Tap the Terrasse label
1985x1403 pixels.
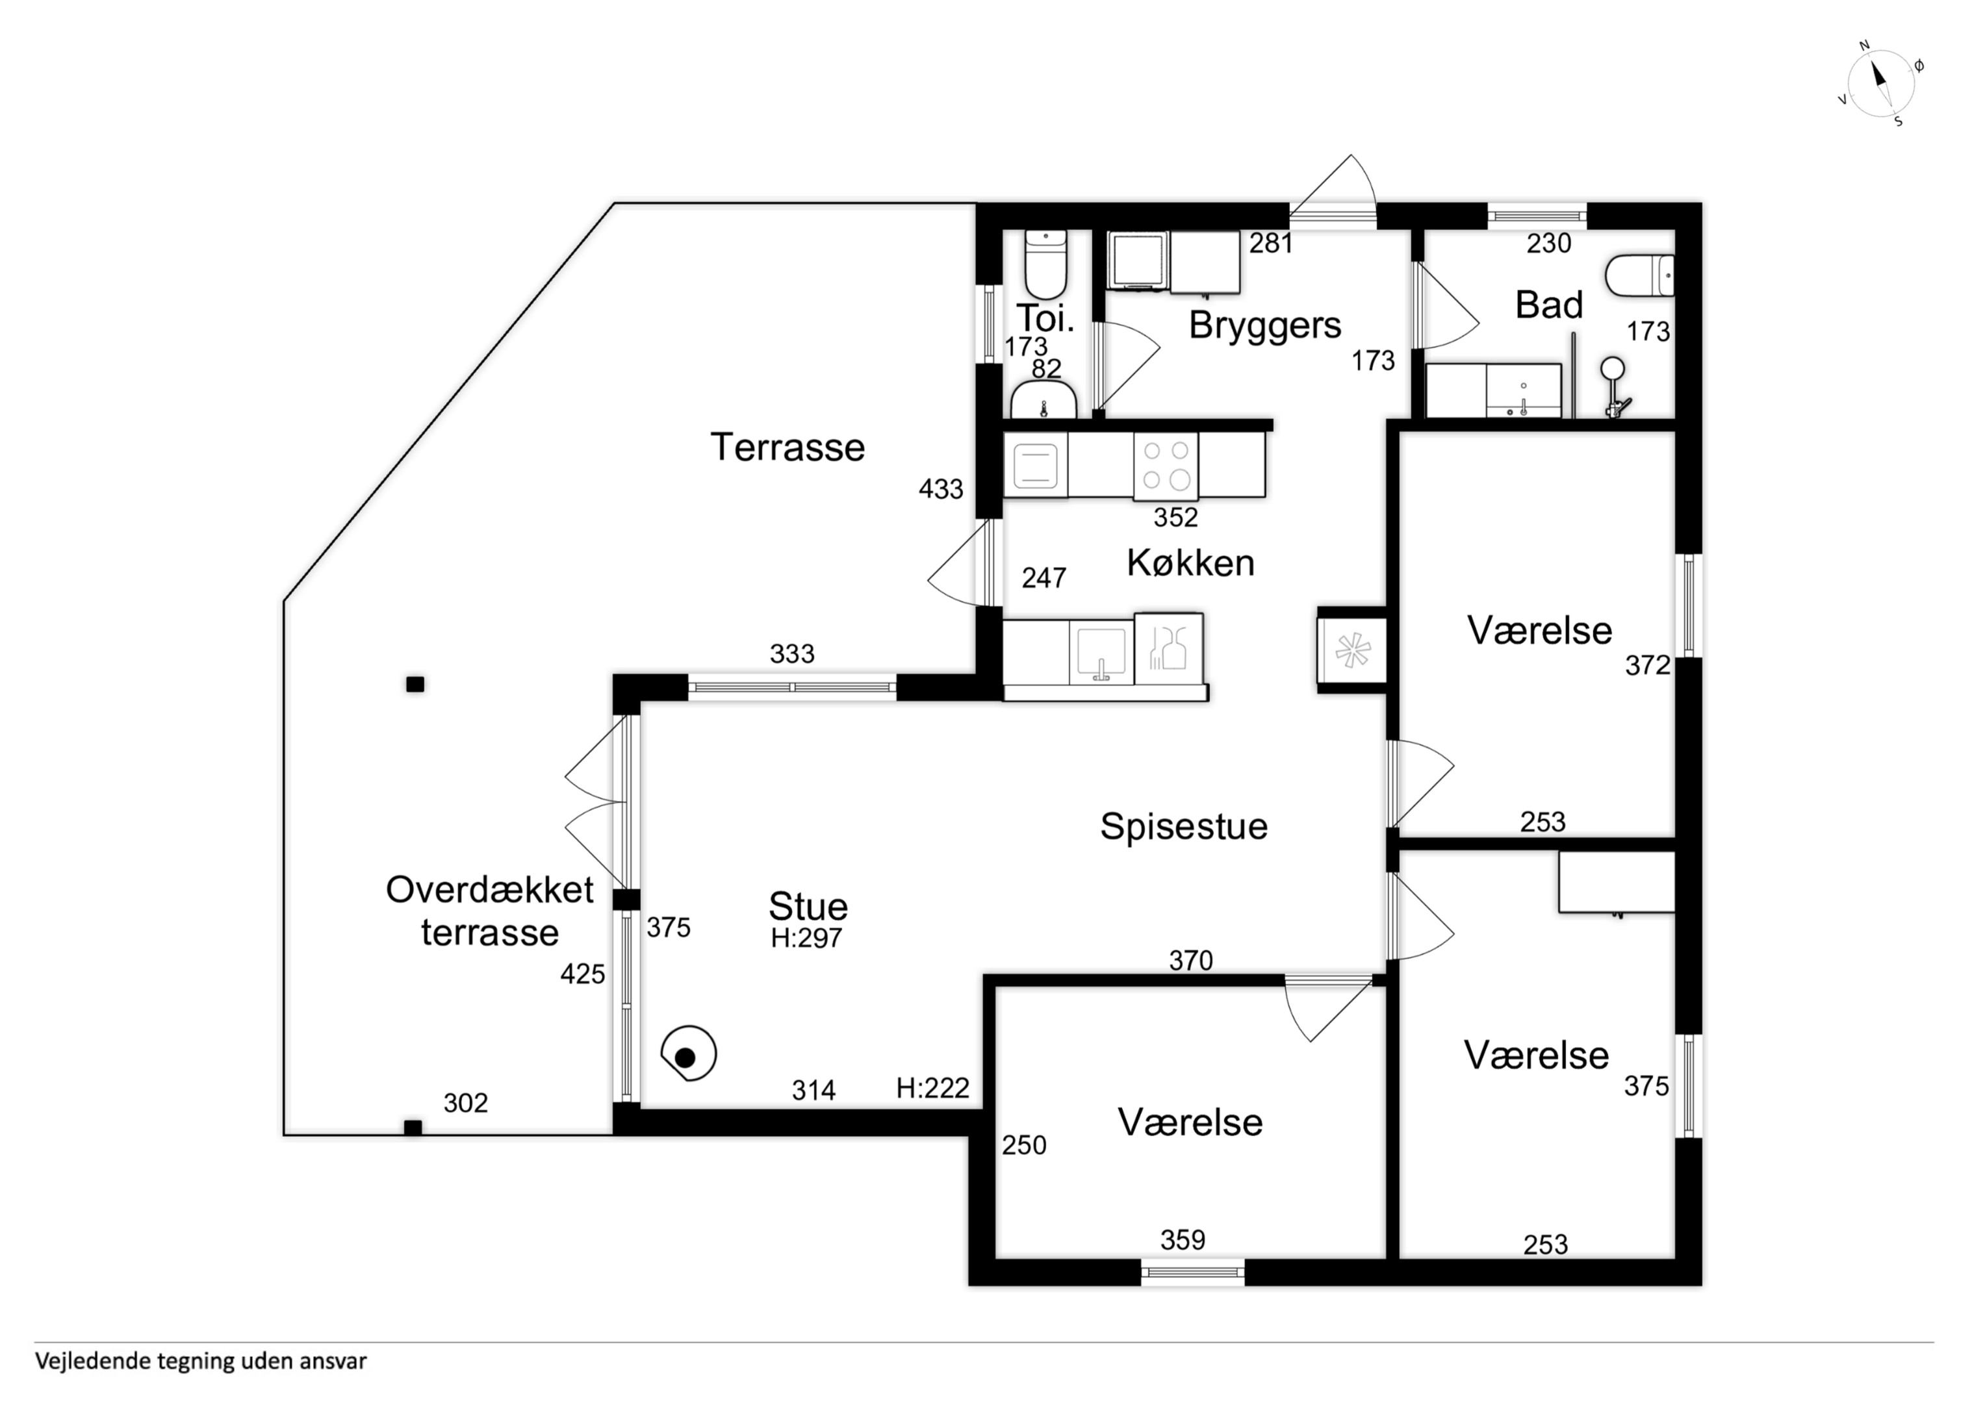[788, 448]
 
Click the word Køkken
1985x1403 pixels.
[1190, 562]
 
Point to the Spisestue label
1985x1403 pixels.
[1184, 826]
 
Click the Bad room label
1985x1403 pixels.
[1549, 305]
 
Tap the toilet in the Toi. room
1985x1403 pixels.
[1045, 264]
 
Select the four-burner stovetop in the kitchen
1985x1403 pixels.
[1166, 467]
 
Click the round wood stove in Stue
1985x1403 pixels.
[688, 1054]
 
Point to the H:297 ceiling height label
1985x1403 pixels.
[806, 938]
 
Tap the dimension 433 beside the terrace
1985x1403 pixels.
[941, 489]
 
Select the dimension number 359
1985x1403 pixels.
[1183, 1241]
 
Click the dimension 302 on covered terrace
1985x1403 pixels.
[465, 1103]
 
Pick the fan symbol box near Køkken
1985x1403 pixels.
[1352, 650]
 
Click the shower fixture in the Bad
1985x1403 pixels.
[1613, 388]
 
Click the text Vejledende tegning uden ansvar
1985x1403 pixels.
[201, 1361]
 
